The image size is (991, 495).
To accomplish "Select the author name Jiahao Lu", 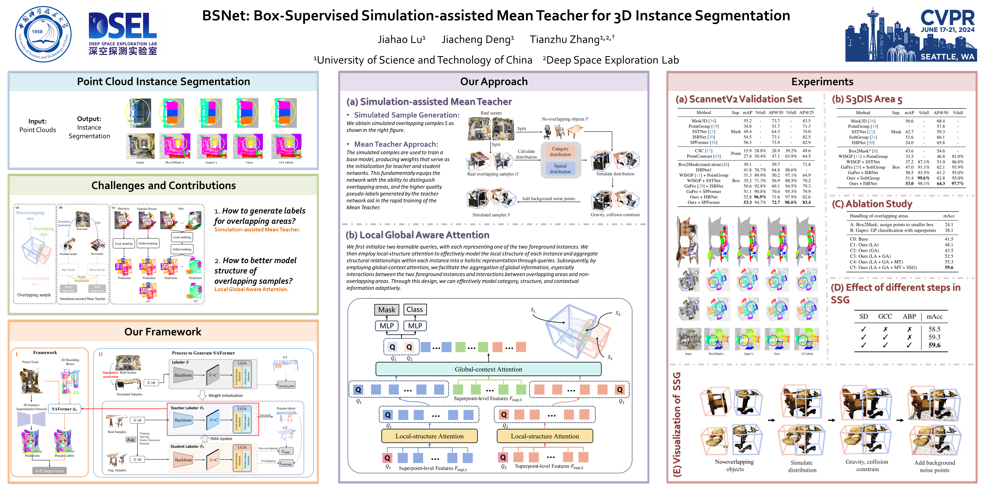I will click(x=401, y=40).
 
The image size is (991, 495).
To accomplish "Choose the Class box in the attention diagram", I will click(x=414, y=309).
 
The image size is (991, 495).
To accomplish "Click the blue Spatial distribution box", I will click(x=560, y=169).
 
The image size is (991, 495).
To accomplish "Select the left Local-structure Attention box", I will click(x=429, y=436).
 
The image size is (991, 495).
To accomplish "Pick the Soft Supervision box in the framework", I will click(x=50, y=471).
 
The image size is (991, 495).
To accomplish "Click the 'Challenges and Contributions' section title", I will click(x=163, y=186).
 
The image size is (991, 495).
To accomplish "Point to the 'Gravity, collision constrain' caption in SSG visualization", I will click(x=867, y=465).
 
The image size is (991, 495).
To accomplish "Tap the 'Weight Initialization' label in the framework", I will click(x=225, y=396).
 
